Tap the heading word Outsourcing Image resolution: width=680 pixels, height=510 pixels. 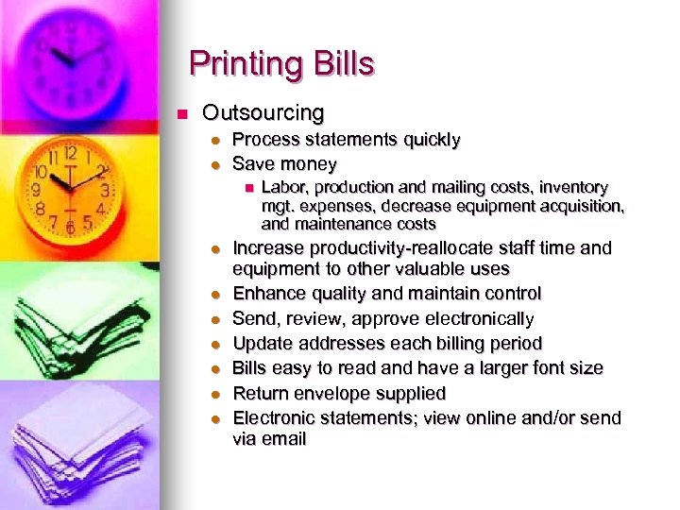pyautogui.click(x=263, y=113)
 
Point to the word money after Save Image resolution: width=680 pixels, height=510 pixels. pyautogui.click(x=309, y=164)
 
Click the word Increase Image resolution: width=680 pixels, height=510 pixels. pyautogui.click(x=270, y=248)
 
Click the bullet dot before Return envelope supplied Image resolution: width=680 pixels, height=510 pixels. pyautogui.click(x=216, y=394)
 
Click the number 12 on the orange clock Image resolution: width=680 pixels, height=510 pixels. pyautogui.click(x=69, y=151)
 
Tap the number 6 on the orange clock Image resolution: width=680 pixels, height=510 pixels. pyautogui.click(x=69, y=228)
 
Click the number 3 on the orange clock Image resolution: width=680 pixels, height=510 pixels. pyautogui.click(x=105, y=190)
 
